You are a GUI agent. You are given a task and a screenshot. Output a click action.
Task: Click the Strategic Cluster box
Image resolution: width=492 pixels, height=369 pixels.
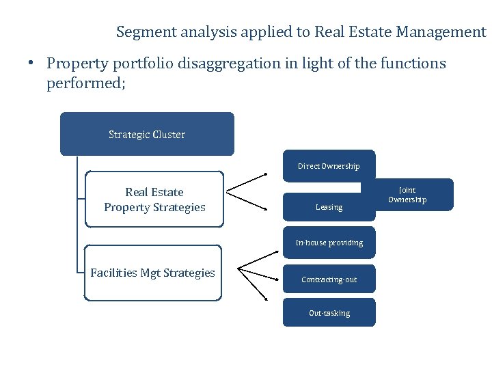(x=147, y=134)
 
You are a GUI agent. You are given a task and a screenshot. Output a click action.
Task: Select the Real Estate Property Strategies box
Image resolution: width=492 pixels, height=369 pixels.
(x=154, y=199)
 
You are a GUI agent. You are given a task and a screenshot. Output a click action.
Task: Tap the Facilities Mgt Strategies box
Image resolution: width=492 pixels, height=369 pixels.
(x=152, y=273)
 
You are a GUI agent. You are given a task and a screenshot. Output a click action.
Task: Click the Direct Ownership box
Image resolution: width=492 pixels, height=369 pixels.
(x=329, y=166)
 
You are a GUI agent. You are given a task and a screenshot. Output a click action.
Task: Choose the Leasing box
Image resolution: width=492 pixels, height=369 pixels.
(x=329, y=207)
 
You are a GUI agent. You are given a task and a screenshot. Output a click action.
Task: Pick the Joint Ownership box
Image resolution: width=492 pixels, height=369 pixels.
(x=407, y=195)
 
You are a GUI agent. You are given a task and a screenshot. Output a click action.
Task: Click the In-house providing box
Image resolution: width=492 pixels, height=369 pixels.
(x=329, y=243)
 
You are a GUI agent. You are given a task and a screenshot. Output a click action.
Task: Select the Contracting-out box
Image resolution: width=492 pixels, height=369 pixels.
(x=329, y=279)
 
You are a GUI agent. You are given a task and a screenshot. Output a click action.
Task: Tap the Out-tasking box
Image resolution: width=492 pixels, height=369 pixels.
(x=329, y=313)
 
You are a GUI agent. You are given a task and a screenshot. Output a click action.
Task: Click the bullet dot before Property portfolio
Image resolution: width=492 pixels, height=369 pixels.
(x=32, y=64)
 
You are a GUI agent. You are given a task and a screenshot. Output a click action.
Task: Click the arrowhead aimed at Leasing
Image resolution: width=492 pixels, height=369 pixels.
(x=265, y=208)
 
